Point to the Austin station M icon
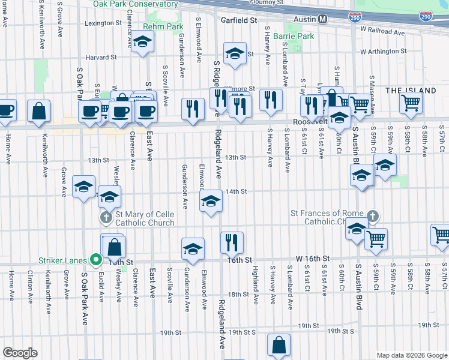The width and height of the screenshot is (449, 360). pos(323,19)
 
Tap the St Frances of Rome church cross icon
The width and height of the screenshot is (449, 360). pos(373,215)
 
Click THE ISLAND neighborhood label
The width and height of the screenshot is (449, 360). pos(411,91)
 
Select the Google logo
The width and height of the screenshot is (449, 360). pos(20,353)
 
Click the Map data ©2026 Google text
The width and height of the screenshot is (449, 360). pos(412,355)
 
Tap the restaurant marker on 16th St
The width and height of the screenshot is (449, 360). pos(232,243)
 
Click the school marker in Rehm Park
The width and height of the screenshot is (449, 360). pos(143,42)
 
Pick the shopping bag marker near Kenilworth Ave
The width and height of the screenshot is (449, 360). pos(39,112)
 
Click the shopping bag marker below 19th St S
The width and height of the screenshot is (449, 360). pos(279,345)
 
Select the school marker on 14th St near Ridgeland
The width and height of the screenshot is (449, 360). pos(211,202)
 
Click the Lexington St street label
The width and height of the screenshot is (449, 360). pos(103,23)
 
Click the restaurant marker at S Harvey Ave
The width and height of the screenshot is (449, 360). pos(271,100)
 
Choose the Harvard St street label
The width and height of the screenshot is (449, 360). pos(101,58)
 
